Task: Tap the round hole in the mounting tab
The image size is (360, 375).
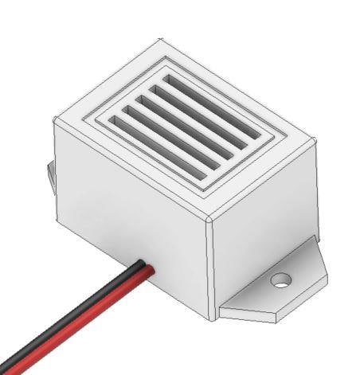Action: tap(280, 280)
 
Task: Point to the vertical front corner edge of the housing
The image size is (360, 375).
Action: tap(212, 271)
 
